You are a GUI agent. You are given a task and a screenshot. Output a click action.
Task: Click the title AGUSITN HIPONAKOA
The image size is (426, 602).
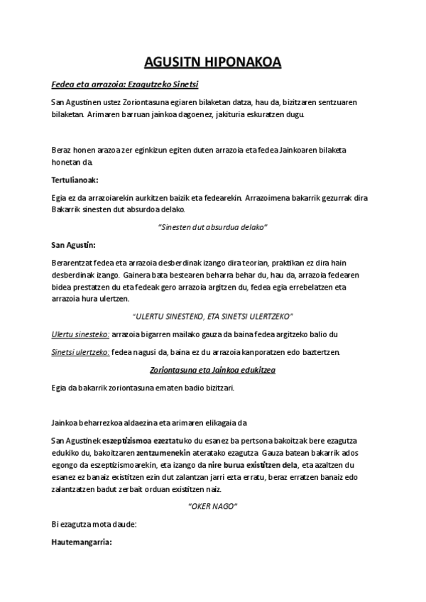212,62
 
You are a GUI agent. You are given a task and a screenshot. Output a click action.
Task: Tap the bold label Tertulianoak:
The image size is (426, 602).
75,180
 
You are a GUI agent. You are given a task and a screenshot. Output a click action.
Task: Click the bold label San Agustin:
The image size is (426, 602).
73,245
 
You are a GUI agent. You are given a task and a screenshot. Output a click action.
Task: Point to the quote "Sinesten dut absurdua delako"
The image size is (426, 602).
212,226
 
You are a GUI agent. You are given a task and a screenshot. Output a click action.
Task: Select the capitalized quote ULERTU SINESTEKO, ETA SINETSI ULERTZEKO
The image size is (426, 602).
213,315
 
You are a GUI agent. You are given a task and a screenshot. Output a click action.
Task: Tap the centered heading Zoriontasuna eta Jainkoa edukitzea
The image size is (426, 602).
212,371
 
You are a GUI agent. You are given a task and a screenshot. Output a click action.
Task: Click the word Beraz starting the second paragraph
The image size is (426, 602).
62,150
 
